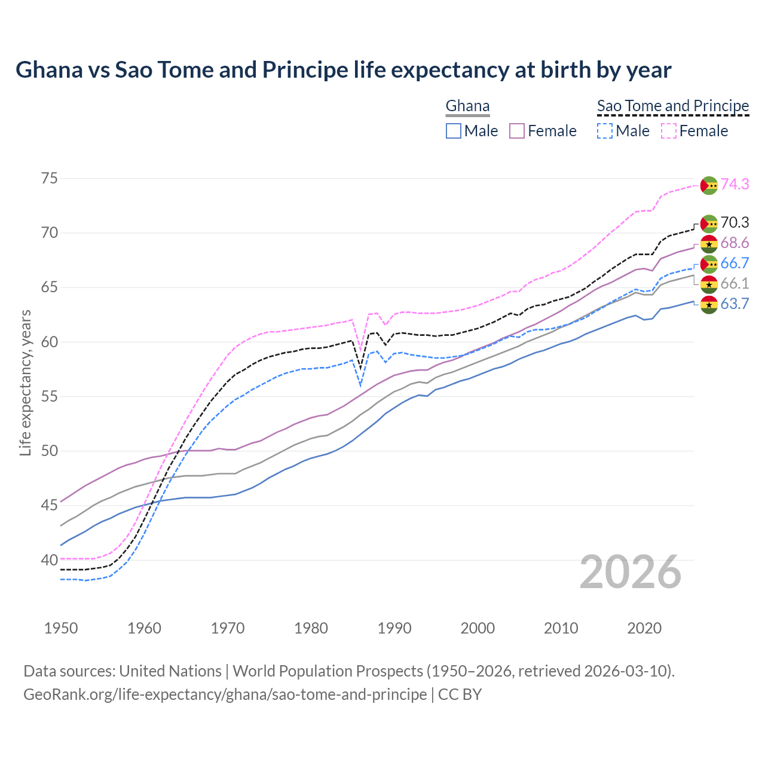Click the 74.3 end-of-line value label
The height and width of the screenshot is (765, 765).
tap(735, 184)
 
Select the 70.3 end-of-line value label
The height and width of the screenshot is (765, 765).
tap(735, 223)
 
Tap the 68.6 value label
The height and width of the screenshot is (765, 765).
tap(735, 243)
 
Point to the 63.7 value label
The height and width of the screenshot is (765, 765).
tap(735, 304)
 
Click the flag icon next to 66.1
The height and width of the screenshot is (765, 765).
tap(709, 284)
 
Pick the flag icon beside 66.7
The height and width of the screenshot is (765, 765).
tap(709, 264)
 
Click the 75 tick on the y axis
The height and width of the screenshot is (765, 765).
tap(50, 178)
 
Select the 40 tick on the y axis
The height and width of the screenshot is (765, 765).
tap(50, 560)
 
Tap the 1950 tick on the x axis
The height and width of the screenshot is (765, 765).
tap(61, 628)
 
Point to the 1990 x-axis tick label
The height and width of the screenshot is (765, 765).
tap(394, 628)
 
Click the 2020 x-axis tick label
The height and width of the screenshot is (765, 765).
tap(644, 628)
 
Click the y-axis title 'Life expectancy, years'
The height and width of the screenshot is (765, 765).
tap(25, 382)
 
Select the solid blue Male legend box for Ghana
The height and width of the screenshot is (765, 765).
tap(454, 131)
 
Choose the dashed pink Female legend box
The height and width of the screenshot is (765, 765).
tap(669, 131)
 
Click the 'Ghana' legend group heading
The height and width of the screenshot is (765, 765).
tap(467, 106)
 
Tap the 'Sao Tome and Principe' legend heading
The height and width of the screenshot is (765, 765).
tap(673, 106)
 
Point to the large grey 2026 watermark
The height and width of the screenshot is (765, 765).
tap(631, 572)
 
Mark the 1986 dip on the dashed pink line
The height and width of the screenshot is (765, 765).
tap(360, 350)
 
